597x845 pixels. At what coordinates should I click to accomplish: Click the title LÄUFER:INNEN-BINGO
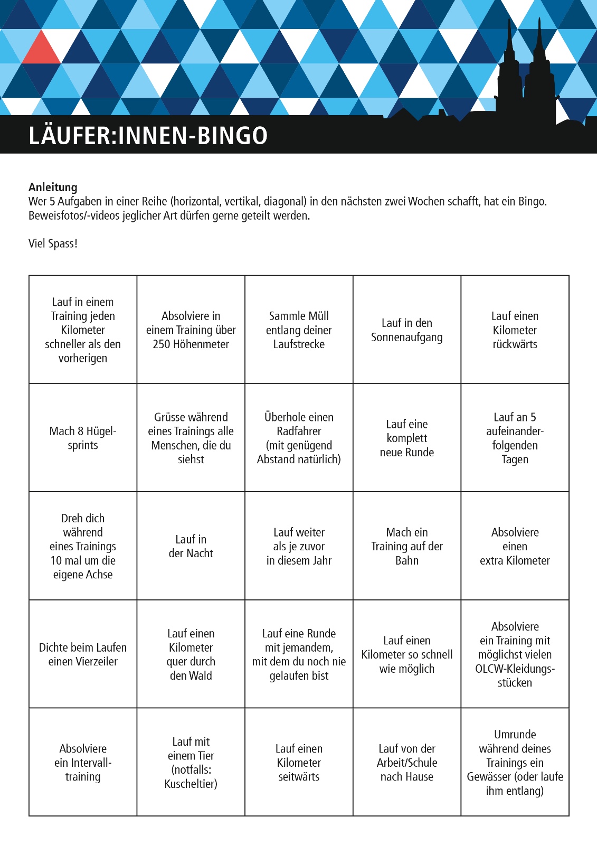coord(148,136)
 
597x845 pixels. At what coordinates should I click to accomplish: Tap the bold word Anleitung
coord(53,187)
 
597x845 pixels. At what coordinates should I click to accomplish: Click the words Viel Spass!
coord(53,243)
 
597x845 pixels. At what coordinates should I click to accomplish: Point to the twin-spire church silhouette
coord(526,74)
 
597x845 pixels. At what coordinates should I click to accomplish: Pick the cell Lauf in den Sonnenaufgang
coord(406,330)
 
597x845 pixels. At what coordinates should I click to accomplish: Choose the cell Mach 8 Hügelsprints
coord(83,438)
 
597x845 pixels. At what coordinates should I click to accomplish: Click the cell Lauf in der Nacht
coord(191,546)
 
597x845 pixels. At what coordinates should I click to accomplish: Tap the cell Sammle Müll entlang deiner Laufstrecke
coord(299,330)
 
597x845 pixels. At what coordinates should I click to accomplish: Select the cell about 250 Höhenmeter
coord(191,330)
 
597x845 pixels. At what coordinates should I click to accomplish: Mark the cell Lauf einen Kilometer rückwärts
coord(515,330)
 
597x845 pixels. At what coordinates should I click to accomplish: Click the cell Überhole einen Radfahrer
coord(299,438)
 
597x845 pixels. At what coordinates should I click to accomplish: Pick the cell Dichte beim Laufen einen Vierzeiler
coord(83,654)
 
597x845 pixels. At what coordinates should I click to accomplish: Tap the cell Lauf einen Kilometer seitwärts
coord(299,762)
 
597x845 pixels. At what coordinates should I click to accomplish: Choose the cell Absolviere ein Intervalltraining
coord(83,762)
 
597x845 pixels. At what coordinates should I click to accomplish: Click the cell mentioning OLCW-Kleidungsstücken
coord(515,654)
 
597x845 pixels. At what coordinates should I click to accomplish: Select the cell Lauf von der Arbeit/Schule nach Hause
coord(406,762)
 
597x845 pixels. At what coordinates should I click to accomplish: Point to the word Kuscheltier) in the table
coord(191,784)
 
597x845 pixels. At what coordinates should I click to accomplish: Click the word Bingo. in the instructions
coord(531,201)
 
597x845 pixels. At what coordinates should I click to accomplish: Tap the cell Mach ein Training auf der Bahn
coord(406,546)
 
